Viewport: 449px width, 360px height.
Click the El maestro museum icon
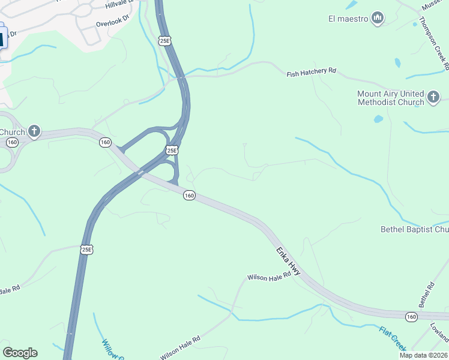[378, 19]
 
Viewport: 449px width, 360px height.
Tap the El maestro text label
[348, 19]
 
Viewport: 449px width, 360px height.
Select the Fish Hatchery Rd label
[311, 72]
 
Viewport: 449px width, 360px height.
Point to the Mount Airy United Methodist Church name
[390, 98]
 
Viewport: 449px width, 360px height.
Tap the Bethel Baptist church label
[414, 229]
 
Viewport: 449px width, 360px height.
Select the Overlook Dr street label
[112, 22]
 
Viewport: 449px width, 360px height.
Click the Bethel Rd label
[426, 293]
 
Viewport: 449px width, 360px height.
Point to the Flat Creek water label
[393, 338]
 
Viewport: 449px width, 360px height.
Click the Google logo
[20, 353]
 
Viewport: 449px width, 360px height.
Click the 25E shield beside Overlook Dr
[165, 41]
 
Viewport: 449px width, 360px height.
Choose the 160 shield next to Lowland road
[411, 316]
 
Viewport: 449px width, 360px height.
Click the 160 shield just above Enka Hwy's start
[189, 196]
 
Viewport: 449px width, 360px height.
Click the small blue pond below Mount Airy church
[378, 119]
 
